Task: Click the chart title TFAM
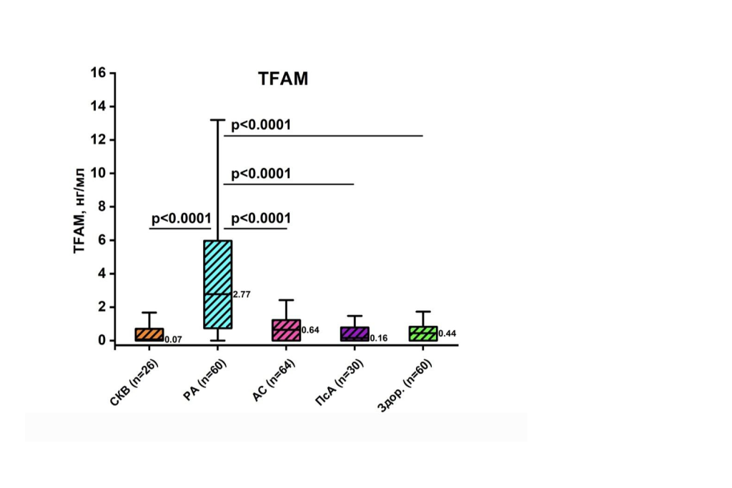click(x=283, y=79)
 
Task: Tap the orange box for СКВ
click(x=149, y=334)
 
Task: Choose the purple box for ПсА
click(x=355, y=334)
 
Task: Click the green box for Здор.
click(x=423, y=333)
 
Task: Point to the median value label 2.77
click(x=242, y=294)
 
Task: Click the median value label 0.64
click(x=310, y=330)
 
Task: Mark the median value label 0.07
click(x=173, y=339)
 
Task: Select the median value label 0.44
click(x=447, y=334)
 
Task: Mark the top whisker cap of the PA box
click(x=218, y=120)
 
